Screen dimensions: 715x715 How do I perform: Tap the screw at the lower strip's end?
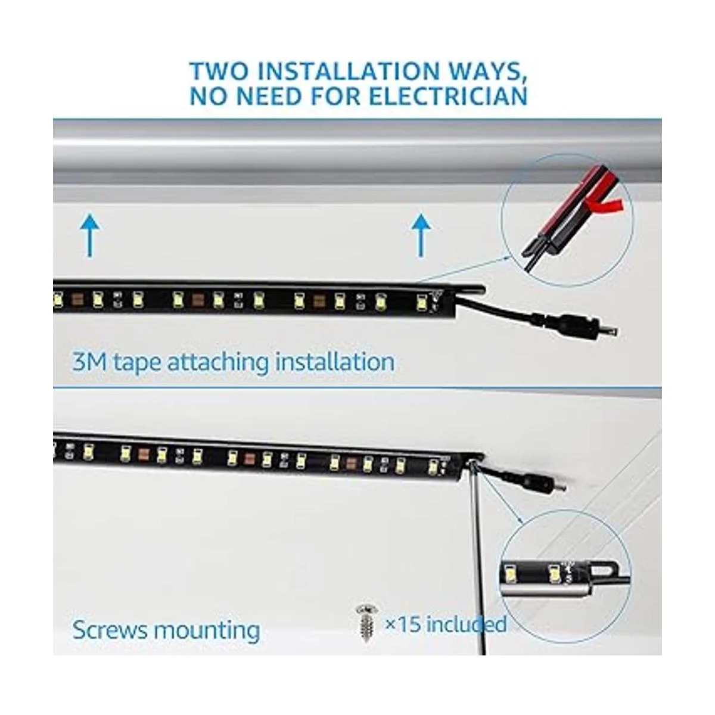(472, 462)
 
